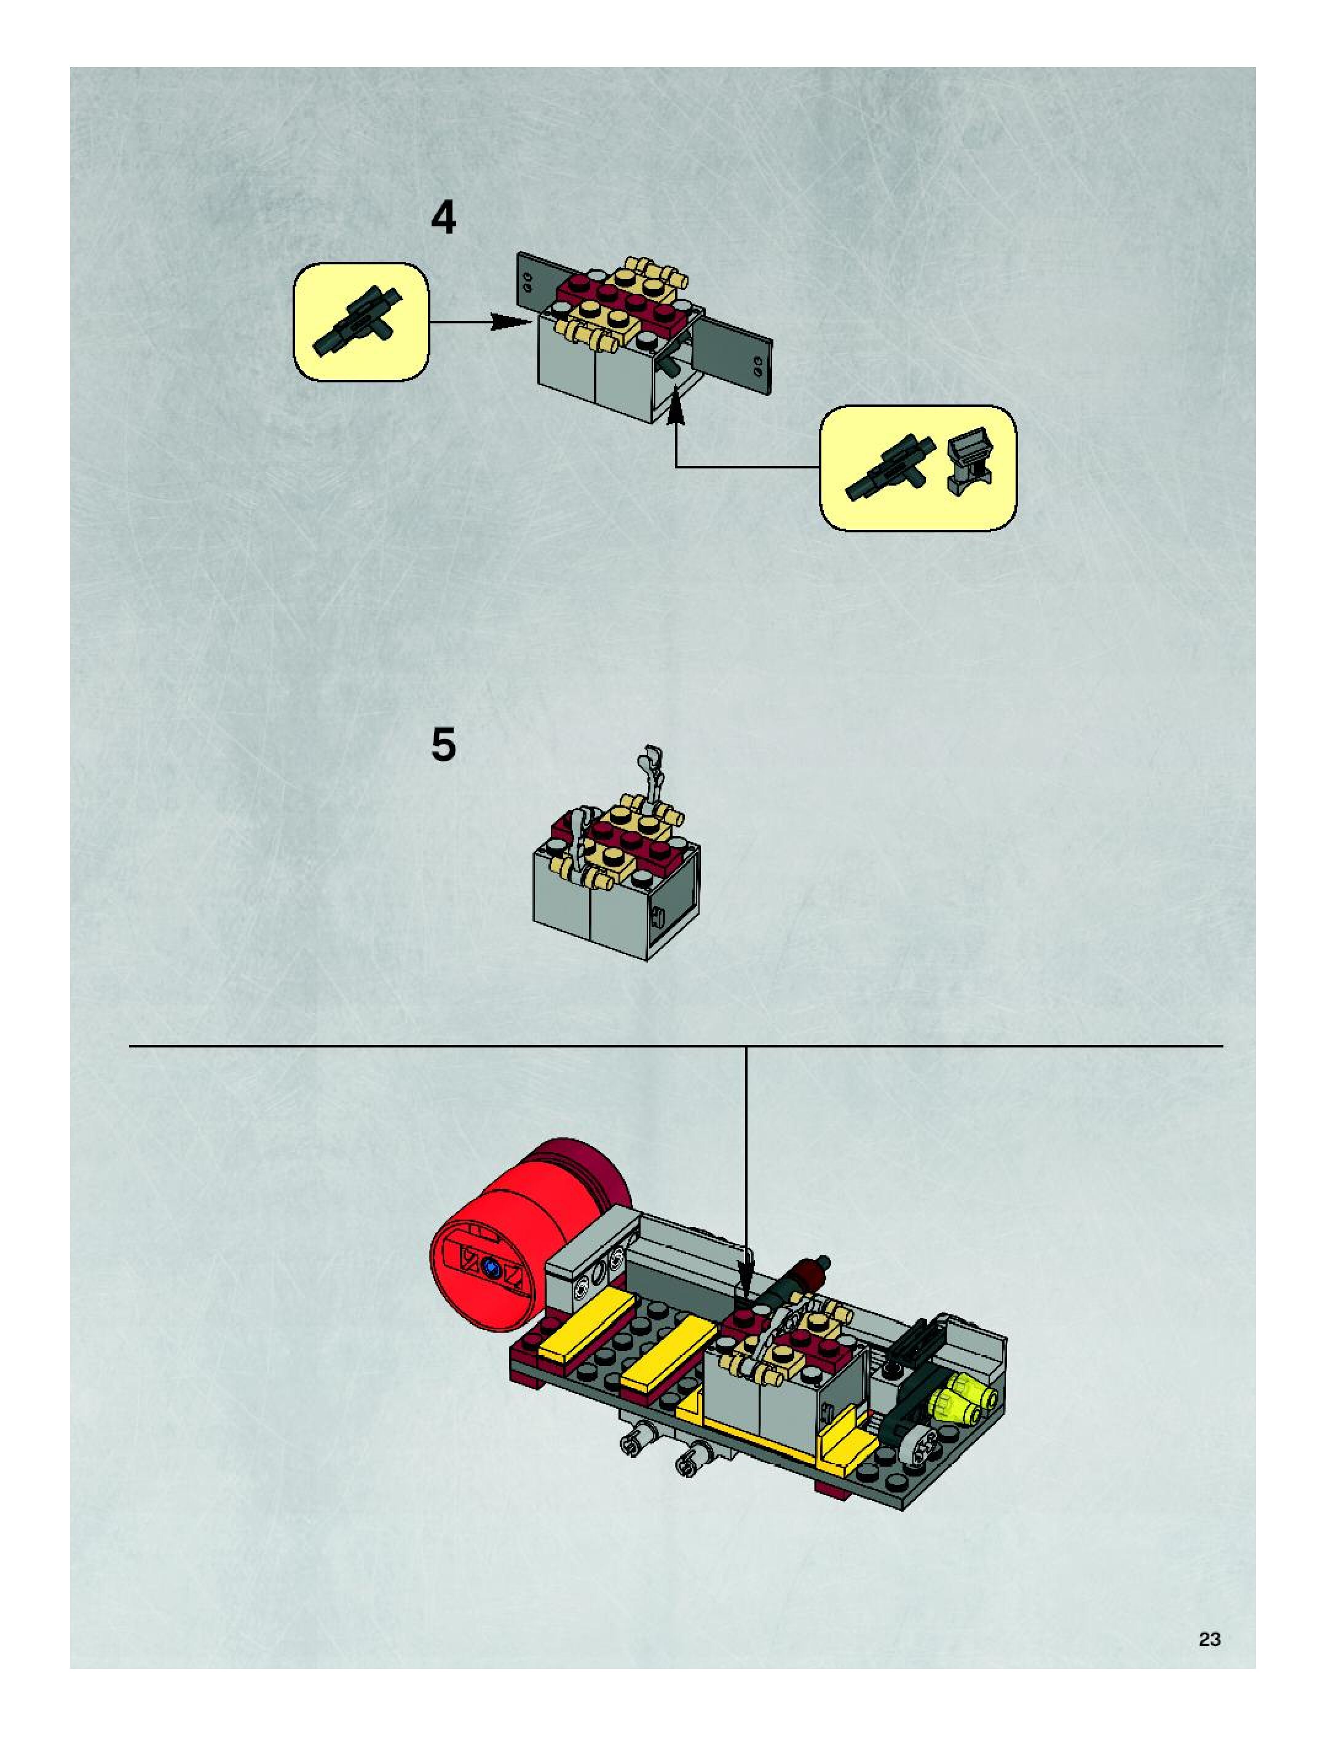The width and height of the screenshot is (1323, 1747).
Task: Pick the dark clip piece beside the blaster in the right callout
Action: (969, 461)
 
